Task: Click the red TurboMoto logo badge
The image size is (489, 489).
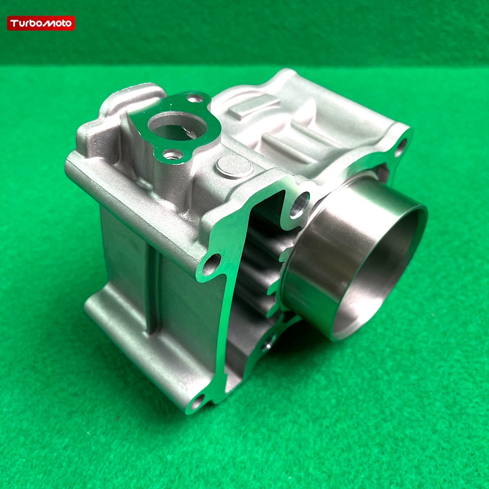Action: click(x=41, y=23)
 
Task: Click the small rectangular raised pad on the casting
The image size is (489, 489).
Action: click(x=254, y=106)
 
